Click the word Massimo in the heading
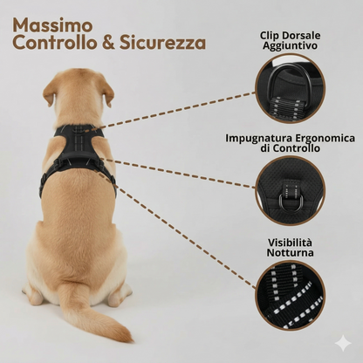(x=52, y=25)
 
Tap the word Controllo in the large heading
(x=55, y=43)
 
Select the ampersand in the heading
(x=108, y=43)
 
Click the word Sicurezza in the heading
(x=162, y=43)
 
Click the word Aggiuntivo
(x=290, y=46)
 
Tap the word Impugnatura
(x=259, y=138)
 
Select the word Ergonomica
(x=325, y=138)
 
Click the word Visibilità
(x=290, y=243)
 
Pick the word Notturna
(x=290, y=252)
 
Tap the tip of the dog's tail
(x=130, y=339)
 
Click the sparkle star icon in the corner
(x=343, y=343)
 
